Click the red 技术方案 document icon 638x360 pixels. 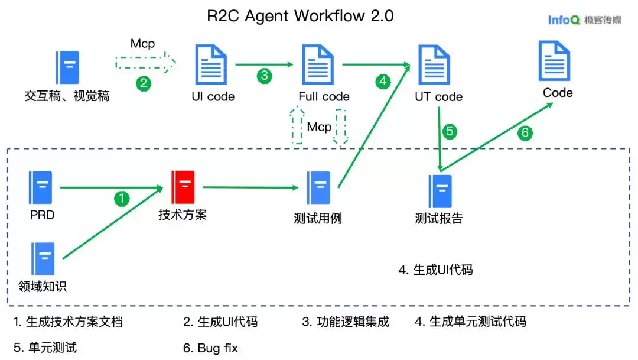pyautogui.click(x=183, y=187)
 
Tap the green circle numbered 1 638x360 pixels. pyautogui.click(x=122, y=199)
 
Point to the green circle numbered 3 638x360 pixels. pyautogui.click(x=265, y=75)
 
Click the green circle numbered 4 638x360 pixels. pyautogui.click(x=383, y=82)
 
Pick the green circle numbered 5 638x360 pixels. pyautogui.click(x=450, y=131)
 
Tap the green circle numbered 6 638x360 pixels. pyautogui.click(x=525, y=133)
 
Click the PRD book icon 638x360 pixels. pyautogui.click(x=40, y=187)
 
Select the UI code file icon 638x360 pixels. pyautogui.click(x=210, y=66)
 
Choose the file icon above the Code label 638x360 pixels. pyautogui.click(x=554, y=61)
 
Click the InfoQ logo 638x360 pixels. pyautogui.click(x=584, y=20)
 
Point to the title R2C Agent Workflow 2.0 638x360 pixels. pyautogui.click(x=300, y=16)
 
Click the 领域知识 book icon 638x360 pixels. pyautogui.click(x=43, y=259)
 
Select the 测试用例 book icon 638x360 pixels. pyautogui.click(x=318, y=187)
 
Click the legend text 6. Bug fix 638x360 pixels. pyautogui.click(x=211, y=348)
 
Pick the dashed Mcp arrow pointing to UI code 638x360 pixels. pyautogui.click(x=145, y=62)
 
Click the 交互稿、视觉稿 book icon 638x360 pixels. pyautogui.click(x=67, y=67)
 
